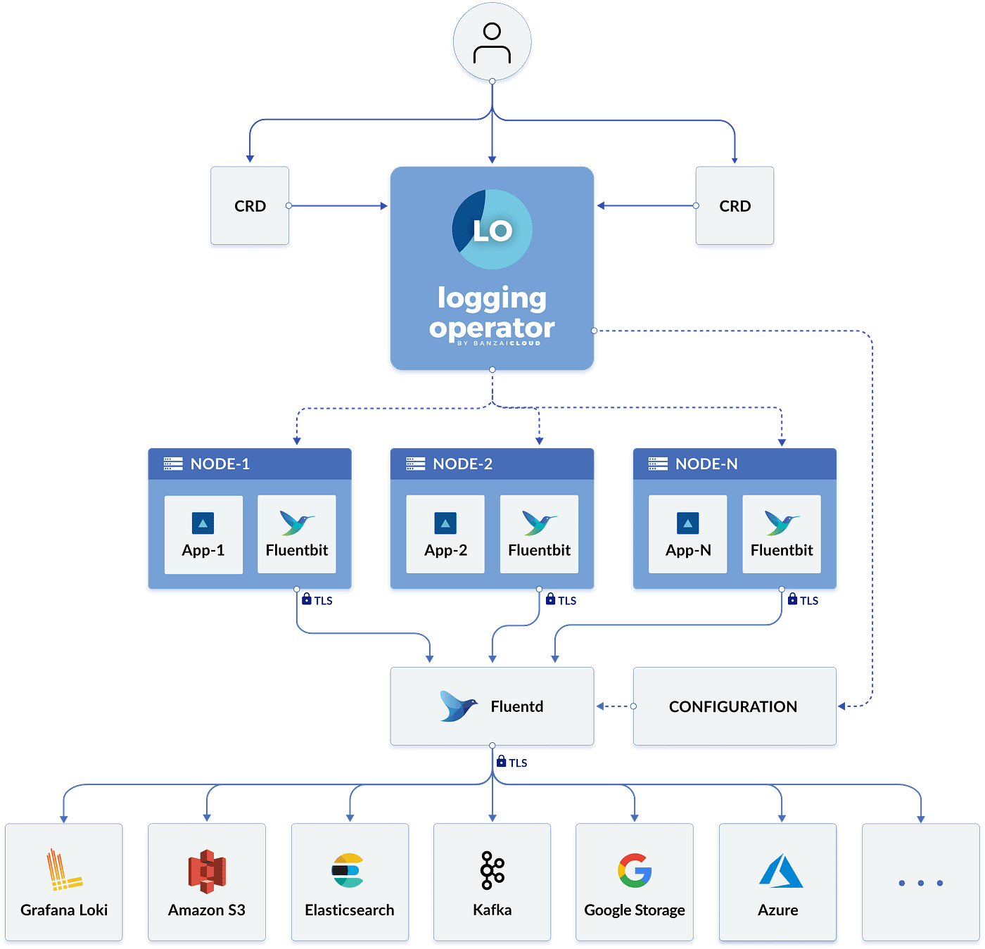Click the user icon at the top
(x=492, y=42)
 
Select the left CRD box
(x=250, y=206)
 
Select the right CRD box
(x=735, y=206)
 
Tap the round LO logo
(x=492, y=229)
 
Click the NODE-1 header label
(x=220, y=464)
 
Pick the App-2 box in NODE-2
(x=445, y=535)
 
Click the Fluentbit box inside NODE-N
(x=781, y=535)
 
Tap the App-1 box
(x=203, y=535)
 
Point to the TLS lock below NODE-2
(x=552, y=599)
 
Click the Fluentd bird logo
(x=457, y=706)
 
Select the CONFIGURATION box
(x=734, y=706)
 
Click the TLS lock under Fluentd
(x=502, y=761)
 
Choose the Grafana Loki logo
(x=63, y=870)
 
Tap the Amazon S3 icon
(x=207, y=871)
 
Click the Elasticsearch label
(x=349, y=910)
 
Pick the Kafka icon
(x=492, y=870)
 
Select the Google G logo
(x=635, y=870)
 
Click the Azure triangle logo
(x=780, y=871)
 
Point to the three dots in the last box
(x=920, y=883)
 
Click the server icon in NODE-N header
(x=658, y=464)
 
